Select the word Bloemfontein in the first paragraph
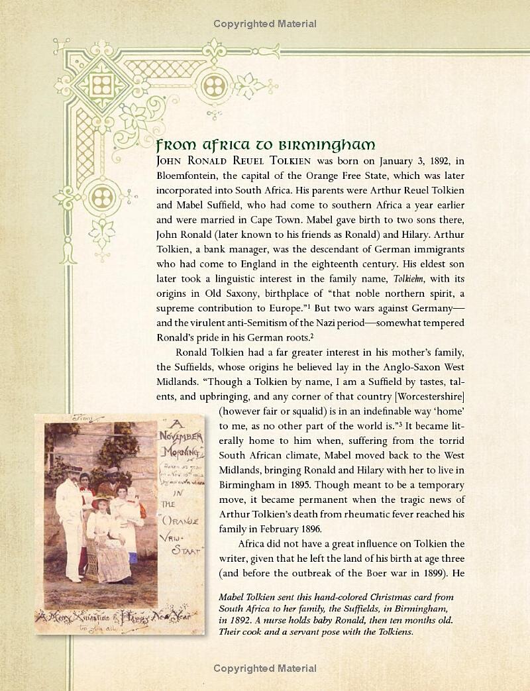click(187, 177)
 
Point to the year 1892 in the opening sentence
click(433, 161)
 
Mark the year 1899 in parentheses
click(427, 559)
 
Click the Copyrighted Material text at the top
click(265, 24)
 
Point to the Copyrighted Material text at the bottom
click(265, 668)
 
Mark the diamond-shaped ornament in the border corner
click(101, 85)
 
